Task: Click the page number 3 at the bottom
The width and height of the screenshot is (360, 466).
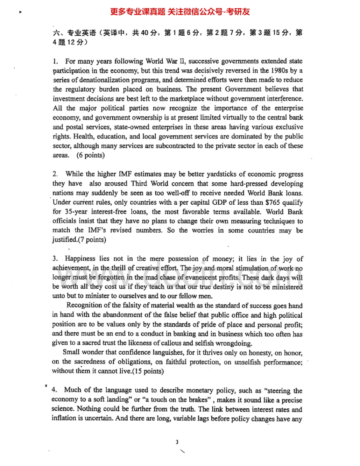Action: [177, 441]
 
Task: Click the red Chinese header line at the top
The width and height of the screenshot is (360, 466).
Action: [180, 12]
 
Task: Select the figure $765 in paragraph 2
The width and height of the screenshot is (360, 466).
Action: [257, 203]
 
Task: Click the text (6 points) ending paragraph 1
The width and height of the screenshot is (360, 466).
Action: [91, 155]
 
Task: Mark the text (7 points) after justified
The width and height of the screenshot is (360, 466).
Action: [92, 240]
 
